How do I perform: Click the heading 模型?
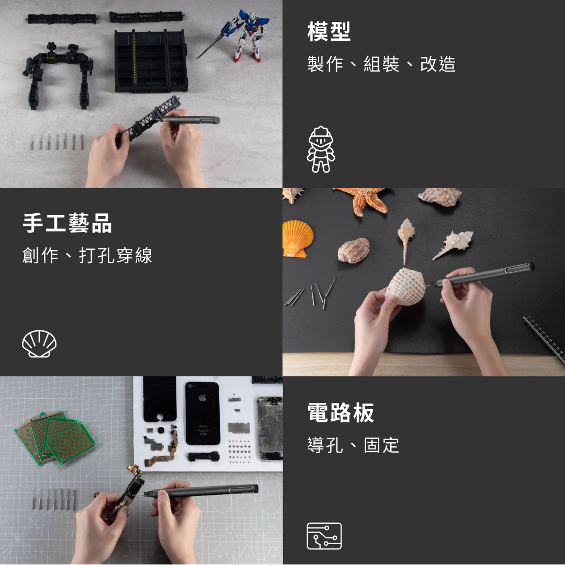[329, 31]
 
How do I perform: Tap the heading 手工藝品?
[67, 223]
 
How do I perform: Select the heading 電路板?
[341, 412]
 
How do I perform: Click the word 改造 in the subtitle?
[438, 64]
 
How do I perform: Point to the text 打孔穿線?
[116, 256]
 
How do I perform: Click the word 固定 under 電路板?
[381, 445]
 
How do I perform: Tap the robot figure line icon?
[321, 149]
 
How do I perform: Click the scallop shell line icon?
[39, 343]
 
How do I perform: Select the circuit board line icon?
[324, 536]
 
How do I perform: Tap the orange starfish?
[365, 200]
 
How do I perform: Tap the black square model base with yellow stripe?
[151, 61]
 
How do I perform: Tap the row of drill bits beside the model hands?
[57, 142]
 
